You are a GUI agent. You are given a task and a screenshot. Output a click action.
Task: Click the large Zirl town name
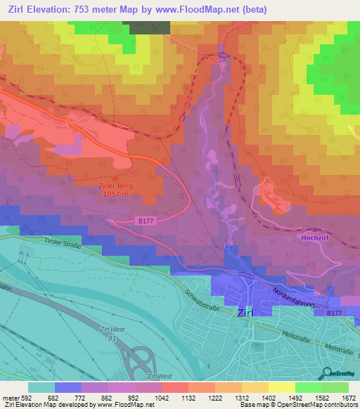(246, 313)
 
